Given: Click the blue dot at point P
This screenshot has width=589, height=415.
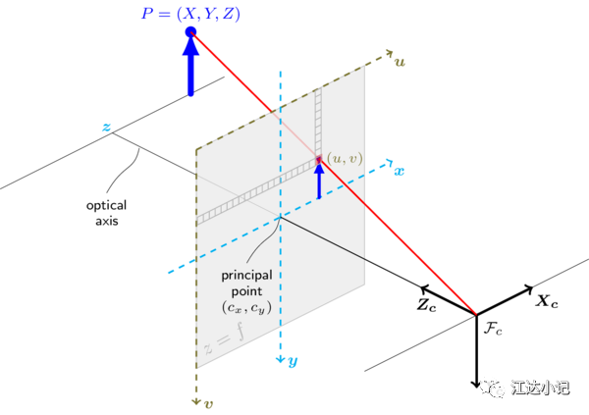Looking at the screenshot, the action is click(190, 32).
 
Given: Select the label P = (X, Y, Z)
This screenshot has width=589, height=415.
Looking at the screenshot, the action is click(190, 14).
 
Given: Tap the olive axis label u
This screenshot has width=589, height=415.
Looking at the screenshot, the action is click(401, 62).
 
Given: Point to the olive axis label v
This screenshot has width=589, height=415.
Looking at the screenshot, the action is click(208, 404).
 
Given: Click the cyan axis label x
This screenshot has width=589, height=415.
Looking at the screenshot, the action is click(399, 172).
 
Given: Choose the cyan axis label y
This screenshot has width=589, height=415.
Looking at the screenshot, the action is click(293, 361).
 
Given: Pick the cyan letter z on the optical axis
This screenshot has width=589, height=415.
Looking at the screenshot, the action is click(107, 127).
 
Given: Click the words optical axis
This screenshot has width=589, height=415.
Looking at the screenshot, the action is click(107, 213).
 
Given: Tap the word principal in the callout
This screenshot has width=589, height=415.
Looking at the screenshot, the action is click(246, 276).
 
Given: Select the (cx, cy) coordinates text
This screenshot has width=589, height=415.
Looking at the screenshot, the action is click(246, 308).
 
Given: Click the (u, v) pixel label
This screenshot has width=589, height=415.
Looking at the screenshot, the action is click(345, 159).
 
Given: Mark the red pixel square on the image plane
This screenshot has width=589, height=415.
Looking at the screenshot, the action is click(319, 159).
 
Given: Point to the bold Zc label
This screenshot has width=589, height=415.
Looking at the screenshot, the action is click(427, 304).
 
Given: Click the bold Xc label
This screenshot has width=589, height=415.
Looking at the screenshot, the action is click(547, 301).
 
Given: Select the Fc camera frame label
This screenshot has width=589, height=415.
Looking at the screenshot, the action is click(493, 330).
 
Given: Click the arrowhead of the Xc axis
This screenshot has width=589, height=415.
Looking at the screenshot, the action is click(529, 288).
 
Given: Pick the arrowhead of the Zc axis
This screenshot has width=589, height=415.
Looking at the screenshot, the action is click(424, 288).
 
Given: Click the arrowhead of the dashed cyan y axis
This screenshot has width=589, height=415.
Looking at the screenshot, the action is click(280, 359).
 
